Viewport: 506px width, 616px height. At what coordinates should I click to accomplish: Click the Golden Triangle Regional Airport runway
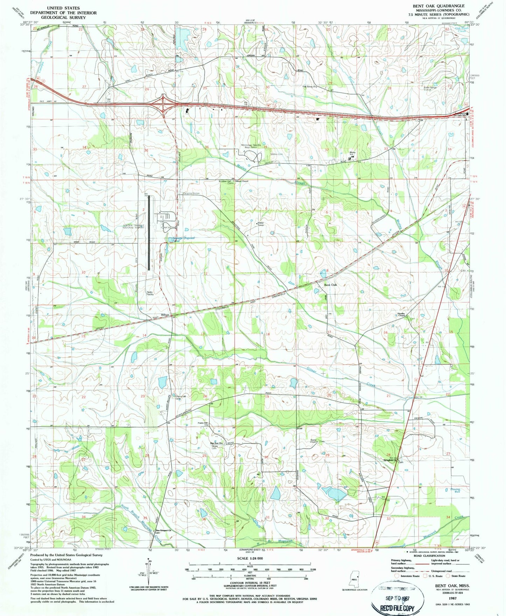pyautogui.click(x=149, y=232)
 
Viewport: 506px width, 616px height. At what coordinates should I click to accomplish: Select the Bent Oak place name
pyautogui.click(x=330, y=285)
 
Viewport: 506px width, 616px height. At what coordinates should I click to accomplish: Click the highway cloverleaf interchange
pyautogui.click(x=163, y=104)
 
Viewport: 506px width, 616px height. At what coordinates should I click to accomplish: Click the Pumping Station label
pyautogui.click(x=190, y=193)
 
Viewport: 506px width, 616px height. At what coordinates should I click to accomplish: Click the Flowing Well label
pyautogui.click(x=455, y=491)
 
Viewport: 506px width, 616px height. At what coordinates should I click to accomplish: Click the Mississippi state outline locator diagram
pyautogui.click(x=354, y=579)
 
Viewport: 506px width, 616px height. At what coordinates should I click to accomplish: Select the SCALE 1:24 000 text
pyautogui.click(x=250, y=559)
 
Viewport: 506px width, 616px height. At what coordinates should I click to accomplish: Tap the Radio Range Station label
pyautogui.click(x=430, y=88)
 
